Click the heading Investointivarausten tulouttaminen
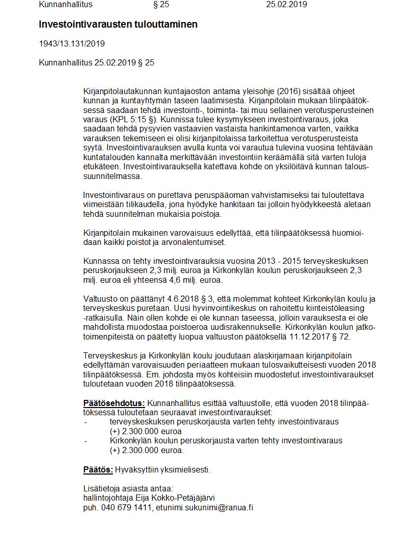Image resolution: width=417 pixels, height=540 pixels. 118,24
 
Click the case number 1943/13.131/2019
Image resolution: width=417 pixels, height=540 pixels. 72,43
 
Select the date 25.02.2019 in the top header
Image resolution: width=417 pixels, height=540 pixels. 287,5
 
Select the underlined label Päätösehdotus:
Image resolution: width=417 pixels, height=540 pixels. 114,403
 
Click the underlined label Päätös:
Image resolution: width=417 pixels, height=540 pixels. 98,469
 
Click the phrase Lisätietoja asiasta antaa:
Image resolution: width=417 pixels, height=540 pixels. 128,489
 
